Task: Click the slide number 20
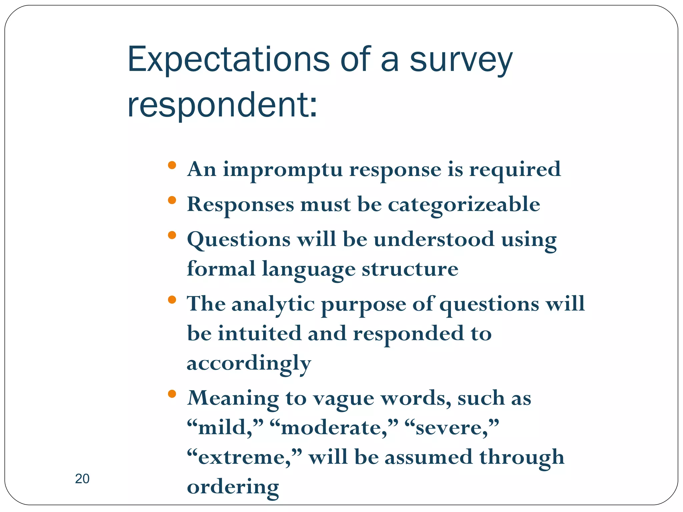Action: click(82, 479)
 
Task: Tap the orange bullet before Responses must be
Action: click(172, 200)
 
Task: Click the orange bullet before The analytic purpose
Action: click(172, 300)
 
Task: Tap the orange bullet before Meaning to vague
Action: click(172, 394)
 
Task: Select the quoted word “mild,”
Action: click(225, 428)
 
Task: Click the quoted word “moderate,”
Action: click(334, 428)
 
